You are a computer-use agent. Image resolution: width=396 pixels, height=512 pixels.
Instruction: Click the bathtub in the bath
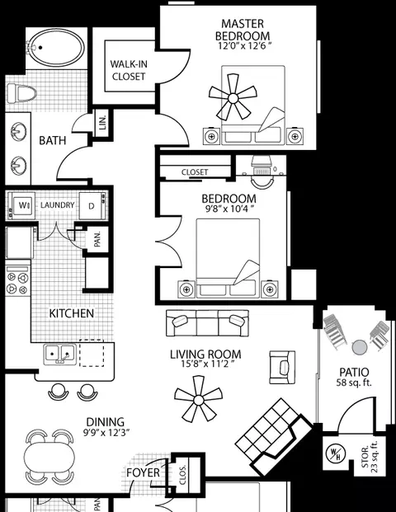[x=56, y=48]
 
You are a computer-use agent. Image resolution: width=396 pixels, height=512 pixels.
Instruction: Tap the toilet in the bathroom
[x=21, y=92]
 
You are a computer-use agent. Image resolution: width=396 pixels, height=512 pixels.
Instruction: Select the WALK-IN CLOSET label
[x=129, y=70]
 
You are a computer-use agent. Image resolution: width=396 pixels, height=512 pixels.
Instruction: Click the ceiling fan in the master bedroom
[x=233, y=97]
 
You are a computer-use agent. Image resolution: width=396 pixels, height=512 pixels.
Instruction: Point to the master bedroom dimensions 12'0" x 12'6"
[x=244, y=45]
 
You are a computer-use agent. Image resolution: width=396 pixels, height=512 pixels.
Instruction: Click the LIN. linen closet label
[x=103, y=123]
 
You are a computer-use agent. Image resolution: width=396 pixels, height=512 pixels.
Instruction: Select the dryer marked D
[x=92, y=206]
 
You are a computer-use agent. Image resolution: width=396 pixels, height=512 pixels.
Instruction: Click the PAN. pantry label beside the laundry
[x=97, y=239]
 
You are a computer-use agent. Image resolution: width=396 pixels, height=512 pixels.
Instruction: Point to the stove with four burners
[x=17, y=279]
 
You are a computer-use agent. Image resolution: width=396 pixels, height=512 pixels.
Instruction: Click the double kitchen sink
[x=59, y=355]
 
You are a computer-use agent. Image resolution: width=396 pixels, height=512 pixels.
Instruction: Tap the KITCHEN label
[x=72, y=313]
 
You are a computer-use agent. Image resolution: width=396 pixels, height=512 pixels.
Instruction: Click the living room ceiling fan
[x=198, y=399]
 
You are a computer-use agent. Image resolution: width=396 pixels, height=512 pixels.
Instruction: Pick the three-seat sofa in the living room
[x=207, y=323]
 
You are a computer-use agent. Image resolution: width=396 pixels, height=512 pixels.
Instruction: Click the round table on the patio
[x=360, y=347]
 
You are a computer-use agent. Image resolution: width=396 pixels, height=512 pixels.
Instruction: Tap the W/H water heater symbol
[x=335, y=454]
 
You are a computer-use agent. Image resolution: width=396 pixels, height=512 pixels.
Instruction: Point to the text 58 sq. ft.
[x=354, y=383]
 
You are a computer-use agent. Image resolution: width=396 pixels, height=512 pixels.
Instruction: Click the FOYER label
[x=143, y=472]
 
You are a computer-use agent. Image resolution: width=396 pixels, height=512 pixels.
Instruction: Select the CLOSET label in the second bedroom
[x=195, y=172]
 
